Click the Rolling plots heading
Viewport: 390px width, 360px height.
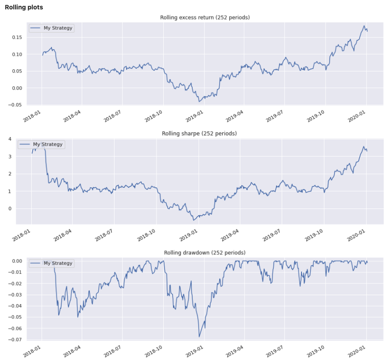click(24, 8)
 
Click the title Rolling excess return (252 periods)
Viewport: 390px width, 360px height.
click(205, 17)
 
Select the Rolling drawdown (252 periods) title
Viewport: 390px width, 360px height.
click(204, 253)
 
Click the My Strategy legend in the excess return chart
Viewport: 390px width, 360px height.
click(51, 28)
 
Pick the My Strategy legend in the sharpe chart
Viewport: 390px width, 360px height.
click(41, 144)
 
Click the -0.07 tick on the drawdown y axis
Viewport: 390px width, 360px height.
click(15, 340)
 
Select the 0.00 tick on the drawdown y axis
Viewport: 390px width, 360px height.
click(16, 261)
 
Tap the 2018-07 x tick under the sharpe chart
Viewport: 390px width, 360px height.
click(105, 234)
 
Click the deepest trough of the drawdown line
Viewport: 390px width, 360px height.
click(199, 337)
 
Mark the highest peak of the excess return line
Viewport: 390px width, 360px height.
click(364, 26)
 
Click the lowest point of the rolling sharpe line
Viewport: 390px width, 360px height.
click(194, 220)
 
